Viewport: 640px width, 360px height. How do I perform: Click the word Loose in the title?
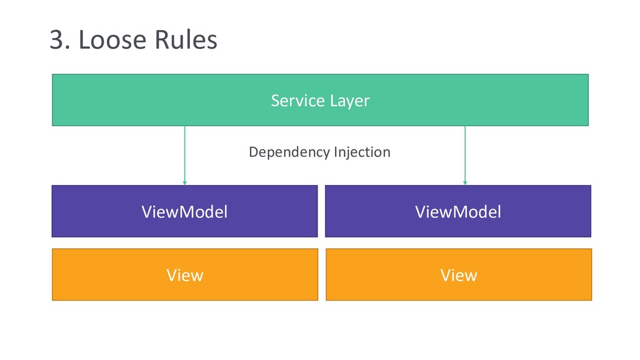click(x=112, y=39)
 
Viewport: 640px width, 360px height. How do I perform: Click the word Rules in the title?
click(x=186, y=39)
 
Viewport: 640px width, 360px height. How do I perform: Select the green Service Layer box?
click(x=321, y=100)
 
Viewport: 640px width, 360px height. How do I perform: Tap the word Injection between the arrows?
click(x=362, y=152)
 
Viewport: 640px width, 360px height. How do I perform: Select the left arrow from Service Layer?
click(x=184, y=156)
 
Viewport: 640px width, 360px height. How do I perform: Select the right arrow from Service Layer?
click(x=465, y=156)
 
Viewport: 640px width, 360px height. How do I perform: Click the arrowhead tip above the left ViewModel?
click(x=184, y=185)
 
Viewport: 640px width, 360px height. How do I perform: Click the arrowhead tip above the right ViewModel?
click(x=465, y=185)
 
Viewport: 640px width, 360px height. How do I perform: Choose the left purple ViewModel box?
click(x=184, y=211)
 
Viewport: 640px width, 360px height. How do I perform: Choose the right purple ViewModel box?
click(x=458, y=211)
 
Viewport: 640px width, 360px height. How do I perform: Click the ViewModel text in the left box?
click(x=184, y=212)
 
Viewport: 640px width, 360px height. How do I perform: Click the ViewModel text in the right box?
click(x=458, y=212)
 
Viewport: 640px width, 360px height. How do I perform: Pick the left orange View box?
click(x=185, y=275)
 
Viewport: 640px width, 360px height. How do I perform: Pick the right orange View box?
click(x=459, y=275)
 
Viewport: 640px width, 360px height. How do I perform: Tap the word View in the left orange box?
click(x=185, y=276)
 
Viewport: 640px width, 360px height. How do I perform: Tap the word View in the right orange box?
click(x=459, y=276)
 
